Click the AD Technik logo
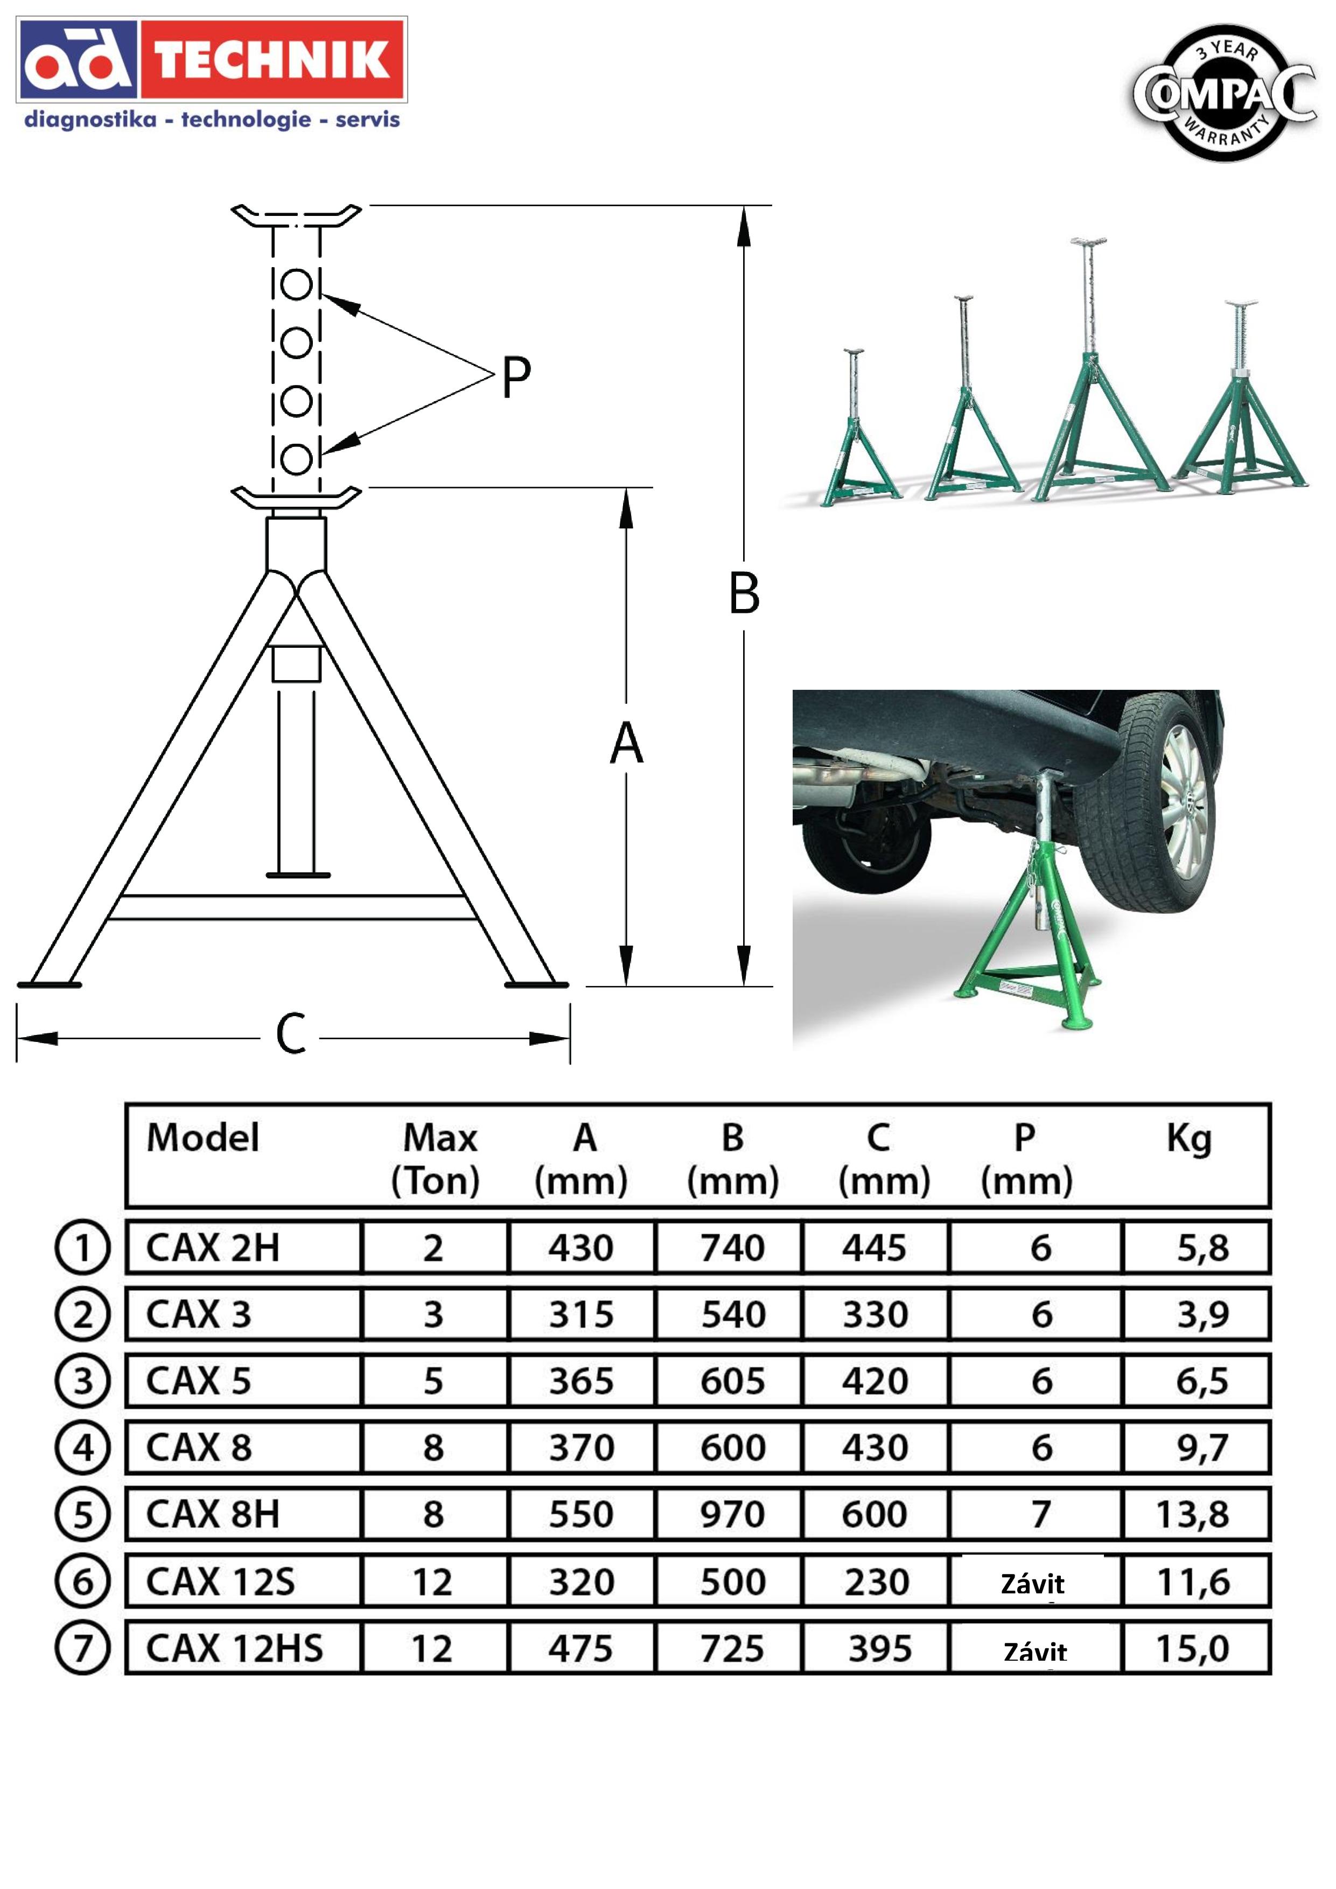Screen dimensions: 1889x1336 click(x=212, y=60)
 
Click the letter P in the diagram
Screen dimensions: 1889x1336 click(x=516, y=377)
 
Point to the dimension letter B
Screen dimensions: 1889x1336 click(x=744, y=593)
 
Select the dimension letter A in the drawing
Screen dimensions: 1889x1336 click(x=626, y=743)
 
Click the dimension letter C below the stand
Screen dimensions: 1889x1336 click(x=290, y=1035)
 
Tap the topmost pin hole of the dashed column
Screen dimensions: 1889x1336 click(x=296, y=285)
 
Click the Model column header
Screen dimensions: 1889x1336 click(x=202, y=1138)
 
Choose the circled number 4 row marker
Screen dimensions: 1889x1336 click(x=82, y=1447)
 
